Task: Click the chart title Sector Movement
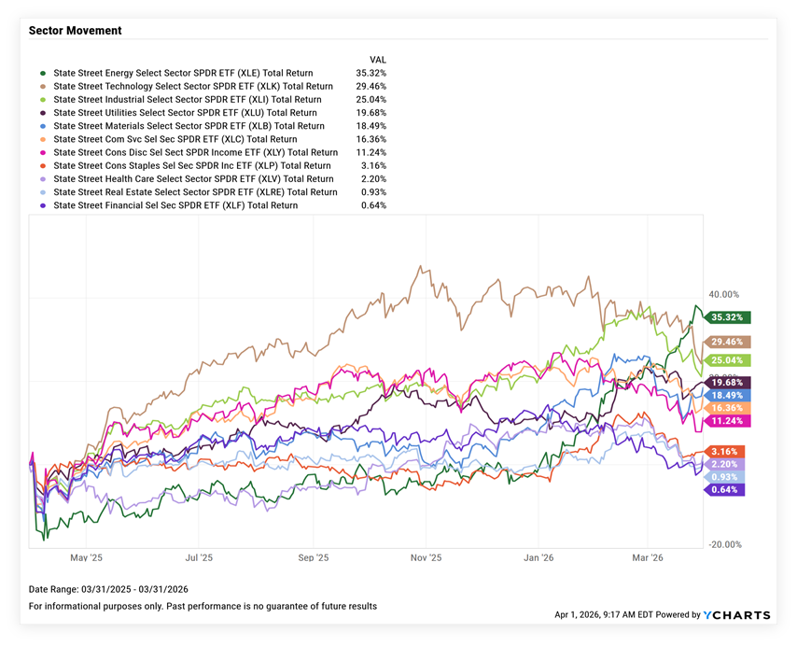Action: [x=75, y=31]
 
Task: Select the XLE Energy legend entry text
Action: [x=183, y=73]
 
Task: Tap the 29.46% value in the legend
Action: [x=371, y=86]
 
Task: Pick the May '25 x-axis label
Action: [x=85, y=557]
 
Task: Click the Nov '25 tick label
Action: [x=426, y=557]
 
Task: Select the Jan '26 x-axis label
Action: [x=538, y=557]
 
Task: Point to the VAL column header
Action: [x=378, y=59]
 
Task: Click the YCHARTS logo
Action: [x=737, y=615]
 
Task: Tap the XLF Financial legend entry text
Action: [x=175, y=205]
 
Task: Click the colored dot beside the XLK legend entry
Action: [x=43, y=86]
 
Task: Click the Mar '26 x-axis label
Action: [x=648, y=557]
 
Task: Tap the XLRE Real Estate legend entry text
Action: [x=195, y=192]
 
